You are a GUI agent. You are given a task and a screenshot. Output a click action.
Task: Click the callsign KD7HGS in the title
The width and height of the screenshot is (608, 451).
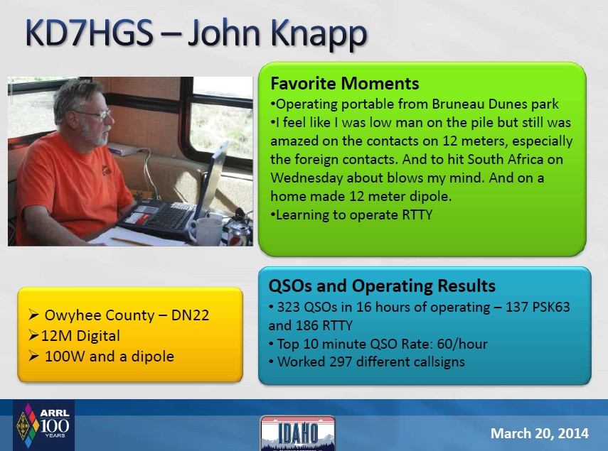click(89, 33)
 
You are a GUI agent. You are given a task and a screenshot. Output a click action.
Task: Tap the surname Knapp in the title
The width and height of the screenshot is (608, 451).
click(319, 35)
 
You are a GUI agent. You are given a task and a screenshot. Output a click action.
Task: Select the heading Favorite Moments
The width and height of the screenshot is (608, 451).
click(345, 84)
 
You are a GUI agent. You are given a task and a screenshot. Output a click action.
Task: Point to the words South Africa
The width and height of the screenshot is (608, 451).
click(506, 159)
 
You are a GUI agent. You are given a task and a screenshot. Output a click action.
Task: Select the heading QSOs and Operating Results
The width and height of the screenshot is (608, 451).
click(382, 286)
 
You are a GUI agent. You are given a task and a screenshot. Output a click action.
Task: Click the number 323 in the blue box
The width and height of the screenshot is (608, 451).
click(289, 307)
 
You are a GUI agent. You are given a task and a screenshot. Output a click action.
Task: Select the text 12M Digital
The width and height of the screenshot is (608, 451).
click(80, 336)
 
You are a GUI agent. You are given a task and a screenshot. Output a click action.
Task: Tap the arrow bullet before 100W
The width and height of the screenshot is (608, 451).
click(33, 356)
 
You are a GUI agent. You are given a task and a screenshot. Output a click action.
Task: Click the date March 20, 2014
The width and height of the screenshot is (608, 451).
click(539, 433)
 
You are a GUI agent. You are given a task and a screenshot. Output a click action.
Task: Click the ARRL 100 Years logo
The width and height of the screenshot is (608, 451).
click(43, 425)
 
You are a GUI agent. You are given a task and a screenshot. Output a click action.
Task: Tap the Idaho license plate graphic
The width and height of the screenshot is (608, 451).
click(297, 433)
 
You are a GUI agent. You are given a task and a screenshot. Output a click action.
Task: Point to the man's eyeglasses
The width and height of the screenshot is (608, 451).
click(97, 114)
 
